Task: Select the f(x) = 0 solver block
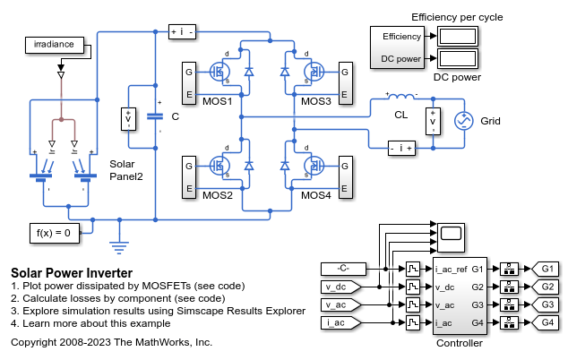point(54,233)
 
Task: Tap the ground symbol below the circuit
point(117,241)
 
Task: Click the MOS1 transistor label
point(218,100)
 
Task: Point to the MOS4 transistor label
point(316,195)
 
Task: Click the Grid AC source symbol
point(465,120)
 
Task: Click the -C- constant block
point(341,269)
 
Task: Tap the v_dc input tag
point(341,287)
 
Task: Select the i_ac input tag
point(341,321)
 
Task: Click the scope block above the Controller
point(450,235)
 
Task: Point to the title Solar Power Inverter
point(72,273)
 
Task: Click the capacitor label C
point(176,116)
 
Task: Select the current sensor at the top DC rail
point(182,32)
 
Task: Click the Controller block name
point(459,343)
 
